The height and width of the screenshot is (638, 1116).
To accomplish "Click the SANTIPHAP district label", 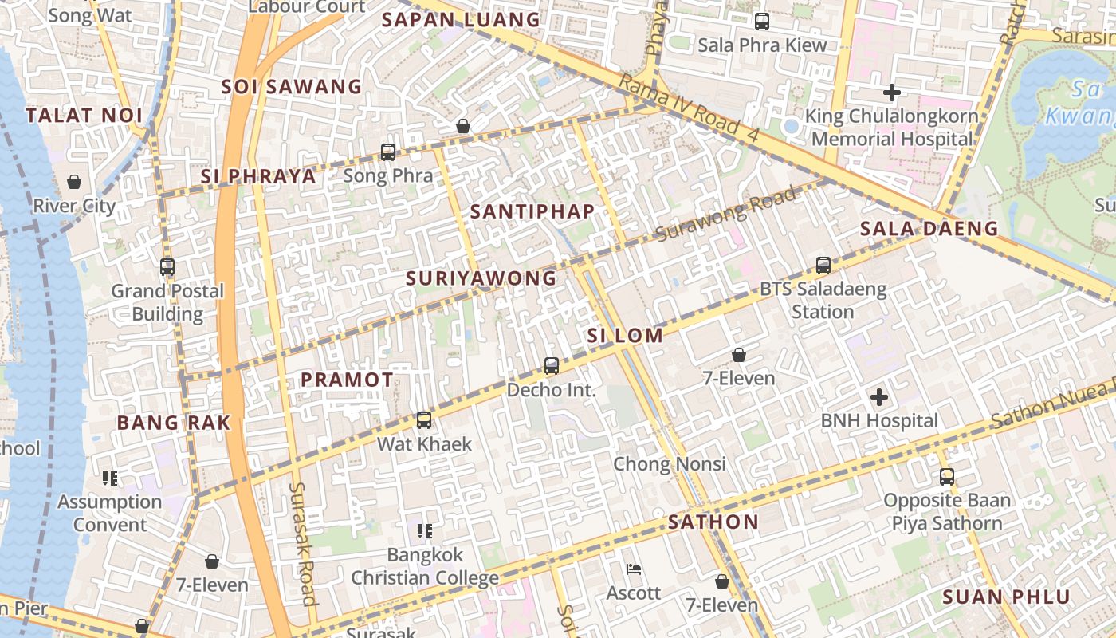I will coord(532,211).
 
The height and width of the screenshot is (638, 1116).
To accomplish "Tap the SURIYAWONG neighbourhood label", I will coord(481,278).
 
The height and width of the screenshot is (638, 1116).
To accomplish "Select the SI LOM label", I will coord(625,336).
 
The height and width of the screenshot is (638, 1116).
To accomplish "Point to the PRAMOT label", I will coord(347,380).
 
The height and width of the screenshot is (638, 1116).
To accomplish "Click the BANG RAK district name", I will coord(174,423).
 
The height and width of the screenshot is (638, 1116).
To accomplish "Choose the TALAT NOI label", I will coord(84,116).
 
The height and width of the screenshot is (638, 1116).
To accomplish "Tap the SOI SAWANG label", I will coord(291,87).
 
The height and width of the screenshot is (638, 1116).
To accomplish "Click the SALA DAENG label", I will coord(929,229).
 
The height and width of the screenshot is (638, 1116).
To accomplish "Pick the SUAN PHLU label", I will coord(1006,597).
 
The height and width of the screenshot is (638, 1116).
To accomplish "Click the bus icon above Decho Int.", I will coord(552,366).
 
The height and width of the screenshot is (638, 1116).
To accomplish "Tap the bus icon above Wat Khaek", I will coord(424,419).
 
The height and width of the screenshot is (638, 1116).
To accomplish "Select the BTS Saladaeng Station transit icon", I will coord(823,265).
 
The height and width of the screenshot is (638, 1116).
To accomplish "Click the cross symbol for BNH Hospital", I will coord(879,396).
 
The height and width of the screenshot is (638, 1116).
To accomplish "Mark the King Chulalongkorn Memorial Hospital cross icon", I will coord(892,93).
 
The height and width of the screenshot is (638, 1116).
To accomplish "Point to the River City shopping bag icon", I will coord(74,182).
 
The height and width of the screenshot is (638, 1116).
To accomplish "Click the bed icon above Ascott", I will coord(634,569).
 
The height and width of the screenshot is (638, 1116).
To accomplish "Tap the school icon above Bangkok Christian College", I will coord(425,530).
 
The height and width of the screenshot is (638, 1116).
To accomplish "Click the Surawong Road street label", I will coord(725,214).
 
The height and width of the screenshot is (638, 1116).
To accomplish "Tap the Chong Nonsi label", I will coord(670,464).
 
